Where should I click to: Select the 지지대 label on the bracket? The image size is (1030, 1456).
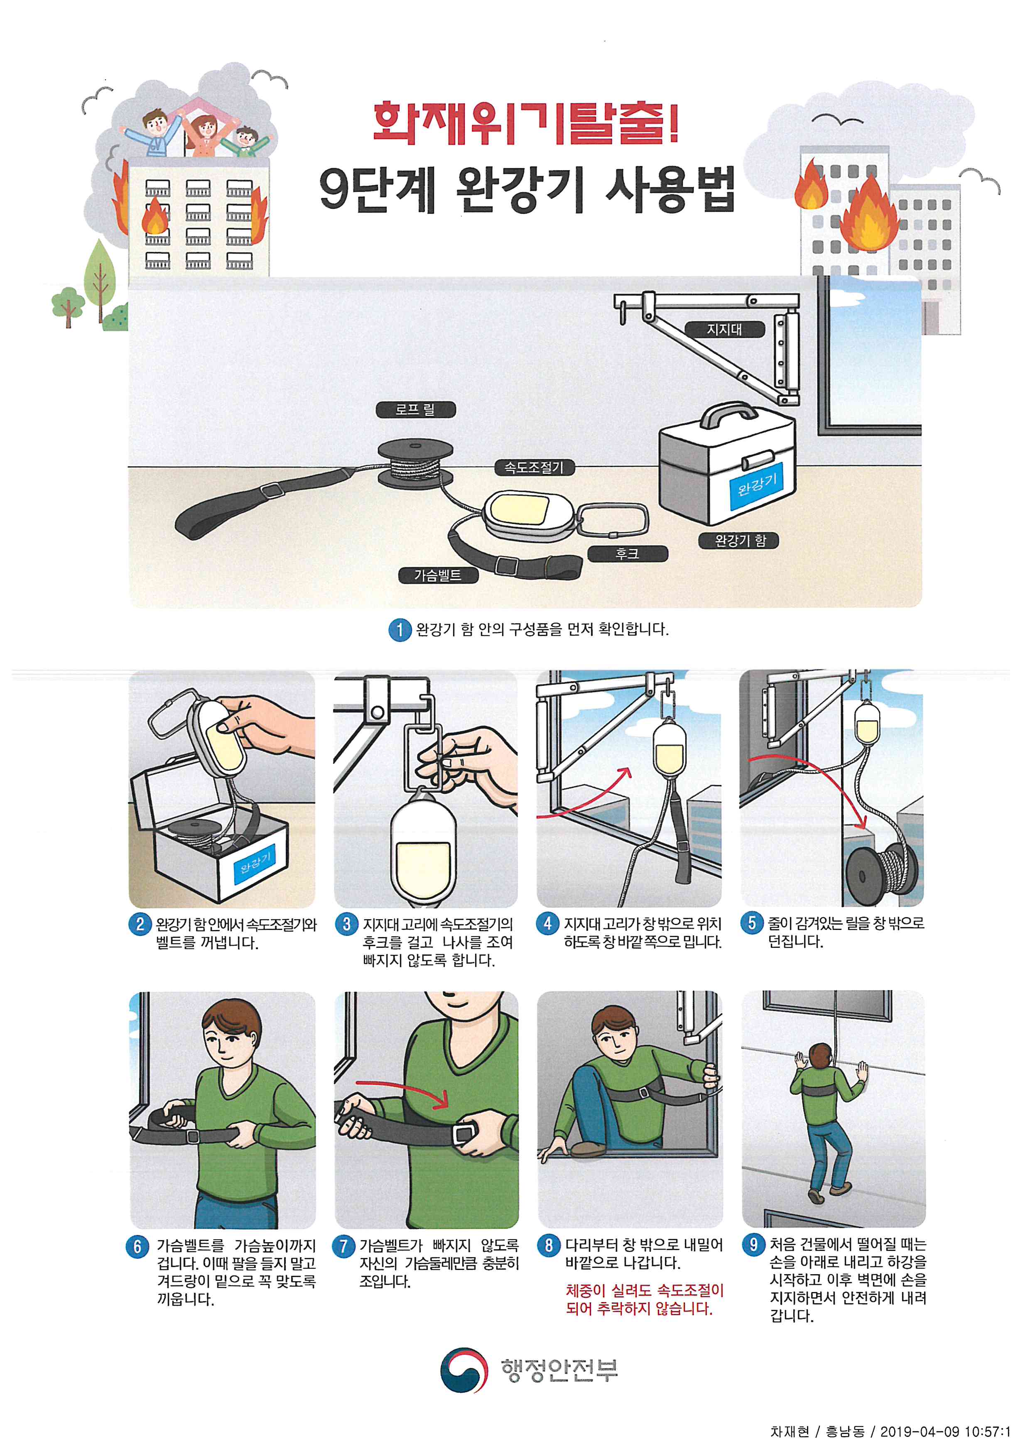(x=724, y=329)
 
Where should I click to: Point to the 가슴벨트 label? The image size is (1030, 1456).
(x=438, y=575)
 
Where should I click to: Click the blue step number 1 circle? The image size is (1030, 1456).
(x=400, y=630)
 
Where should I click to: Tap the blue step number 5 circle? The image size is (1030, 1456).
(x=752, y=923)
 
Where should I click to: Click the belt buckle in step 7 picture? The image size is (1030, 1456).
(x=466, y=1132)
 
